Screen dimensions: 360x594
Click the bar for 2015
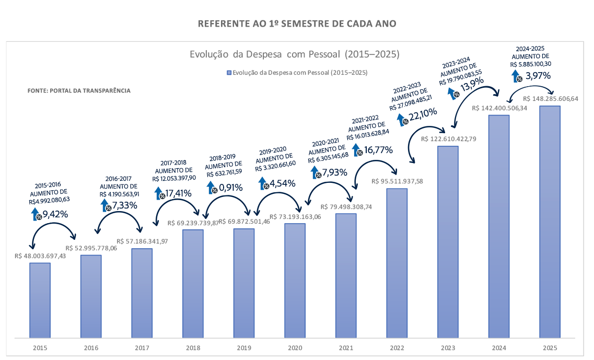40,300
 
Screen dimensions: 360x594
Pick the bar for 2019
244,283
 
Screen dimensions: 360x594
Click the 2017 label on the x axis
142,347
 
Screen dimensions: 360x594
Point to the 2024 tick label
498,347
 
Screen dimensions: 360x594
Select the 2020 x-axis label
295,347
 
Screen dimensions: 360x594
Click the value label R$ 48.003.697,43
40,256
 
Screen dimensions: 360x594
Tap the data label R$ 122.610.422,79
448,139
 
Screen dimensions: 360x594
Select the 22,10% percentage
423,116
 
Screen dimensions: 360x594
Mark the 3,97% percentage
538,76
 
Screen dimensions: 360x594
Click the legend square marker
229,73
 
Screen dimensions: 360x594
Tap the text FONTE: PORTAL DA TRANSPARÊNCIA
79,90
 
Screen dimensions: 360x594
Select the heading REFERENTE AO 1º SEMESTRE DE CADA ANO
297,24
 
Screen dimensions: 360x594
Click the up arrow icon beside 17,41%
160,193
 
